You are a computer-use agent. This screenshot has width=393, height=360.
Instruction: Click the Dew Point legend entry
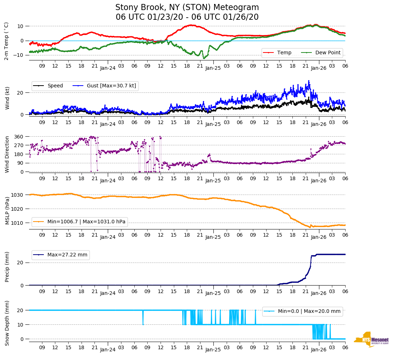click(x=328, y=53)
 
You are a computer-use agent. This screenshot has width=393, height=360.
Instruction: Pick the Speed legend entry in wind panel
click(x=55, y=86)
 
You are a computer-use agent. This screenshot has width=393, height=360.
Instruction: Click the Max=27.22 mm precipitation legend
click(x=67, y=255)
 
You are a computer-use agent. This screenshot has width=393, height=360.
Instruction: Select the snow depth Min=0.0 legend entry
click(x=309, y=311)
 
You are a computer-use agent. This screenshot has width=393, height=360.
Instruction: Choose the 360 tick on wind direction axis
click(x=19, y=137)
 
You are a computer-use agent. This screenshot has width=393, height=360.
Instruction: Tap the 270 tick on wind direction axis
click(x=19, y=145)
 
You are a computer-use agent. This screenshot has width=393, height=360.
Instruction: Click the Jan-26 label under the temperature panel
click(x=318, y=68)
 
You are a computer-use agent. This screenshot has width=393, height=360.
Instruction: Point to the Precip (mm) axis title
click(x=7, y=267)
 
